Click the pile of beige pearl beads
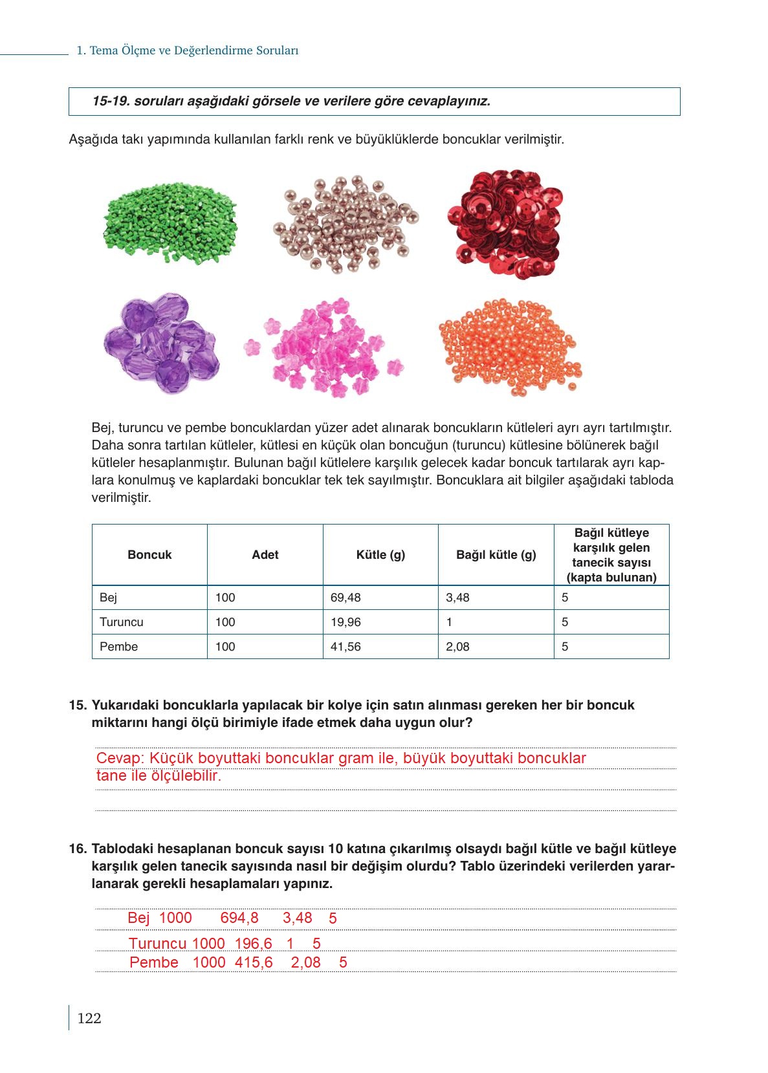350,223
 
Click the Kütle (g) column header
380,555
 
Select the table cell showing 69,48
346,598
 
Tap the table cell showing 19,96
346,622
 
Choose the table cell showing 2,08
457,647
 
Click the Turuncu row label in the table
122,622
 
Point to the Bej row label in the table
109,598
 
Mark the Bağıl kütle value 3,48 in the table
457,598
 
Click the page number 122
89,1019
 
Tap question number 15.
77,705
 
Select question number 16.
77,849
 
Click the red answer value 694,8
239,918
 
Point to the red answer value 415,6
254,962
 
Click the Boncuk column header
149,555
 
